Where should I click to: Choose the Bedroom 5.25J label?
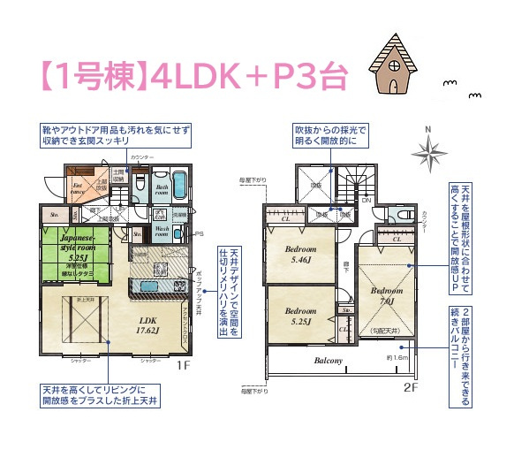300,316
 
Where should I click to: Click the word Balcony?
328,361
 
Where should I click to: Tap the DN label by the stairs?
367,200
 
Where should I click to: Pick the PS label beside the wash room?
199,233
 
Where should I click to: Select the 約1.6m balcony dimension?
396,357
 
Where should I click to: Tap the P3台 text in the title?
297,78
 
